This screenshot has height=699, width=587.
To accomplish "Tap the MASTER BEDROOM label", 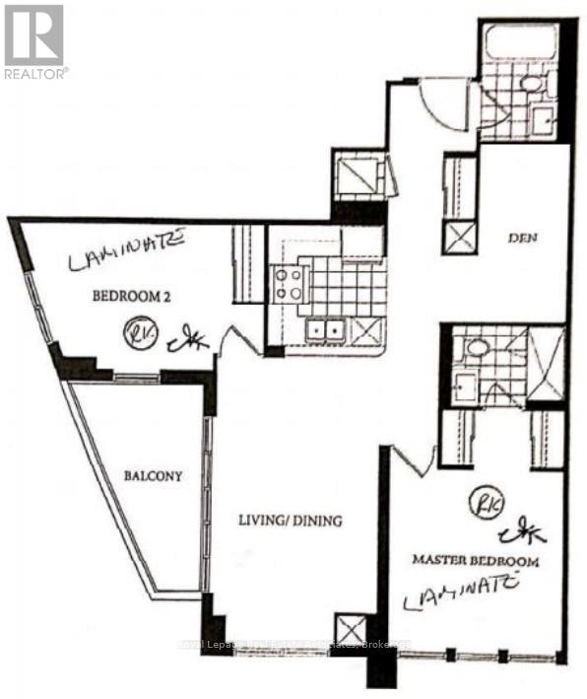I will [x=475, y=561].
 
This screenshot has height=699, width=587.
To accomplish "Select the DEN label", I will [x=521, y=237].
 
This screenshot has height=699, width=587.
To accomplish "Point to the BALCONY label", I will [x=153, y=476].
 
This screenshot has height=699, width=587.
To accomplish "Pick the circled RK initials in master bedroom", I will [x=485, y=502].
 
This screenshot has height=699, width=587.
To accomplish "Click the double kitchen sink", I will [x=325, y=329].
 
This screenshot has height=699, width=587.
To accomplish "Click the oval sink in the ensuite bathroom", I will [x=480, y=348].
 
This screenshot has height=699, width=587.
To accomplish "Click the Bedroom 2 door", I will [x=232, y=346].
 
